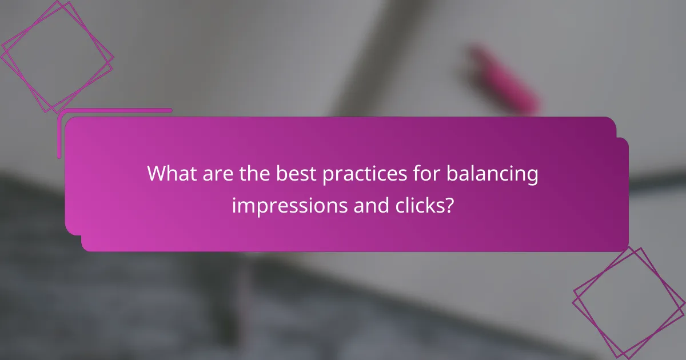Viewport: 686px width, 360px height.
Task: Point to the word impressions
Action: tap(290, 205)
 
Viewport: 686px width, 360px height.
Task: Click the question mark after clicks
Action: tap(450, 205)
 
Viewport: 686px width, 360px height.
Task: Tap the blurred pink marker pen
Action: tap(504, 79)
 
